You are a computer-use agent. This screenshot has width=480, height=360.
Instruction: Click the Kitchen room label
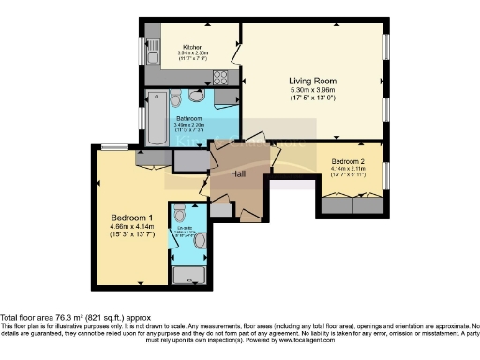193,47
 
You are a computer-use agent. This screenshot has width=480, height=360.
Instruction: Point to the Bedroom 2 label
348,162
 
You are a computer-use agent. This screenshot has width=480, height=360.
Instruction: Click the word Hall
239,173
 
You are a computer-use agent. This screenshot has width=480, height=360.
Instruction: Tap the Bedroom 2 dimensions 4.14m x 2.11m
348,173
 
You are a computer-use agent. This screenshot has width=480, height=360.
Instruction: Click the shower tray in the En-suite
189,275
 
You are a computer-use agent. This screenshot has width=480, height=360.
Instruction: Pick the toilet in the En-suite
179,215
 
